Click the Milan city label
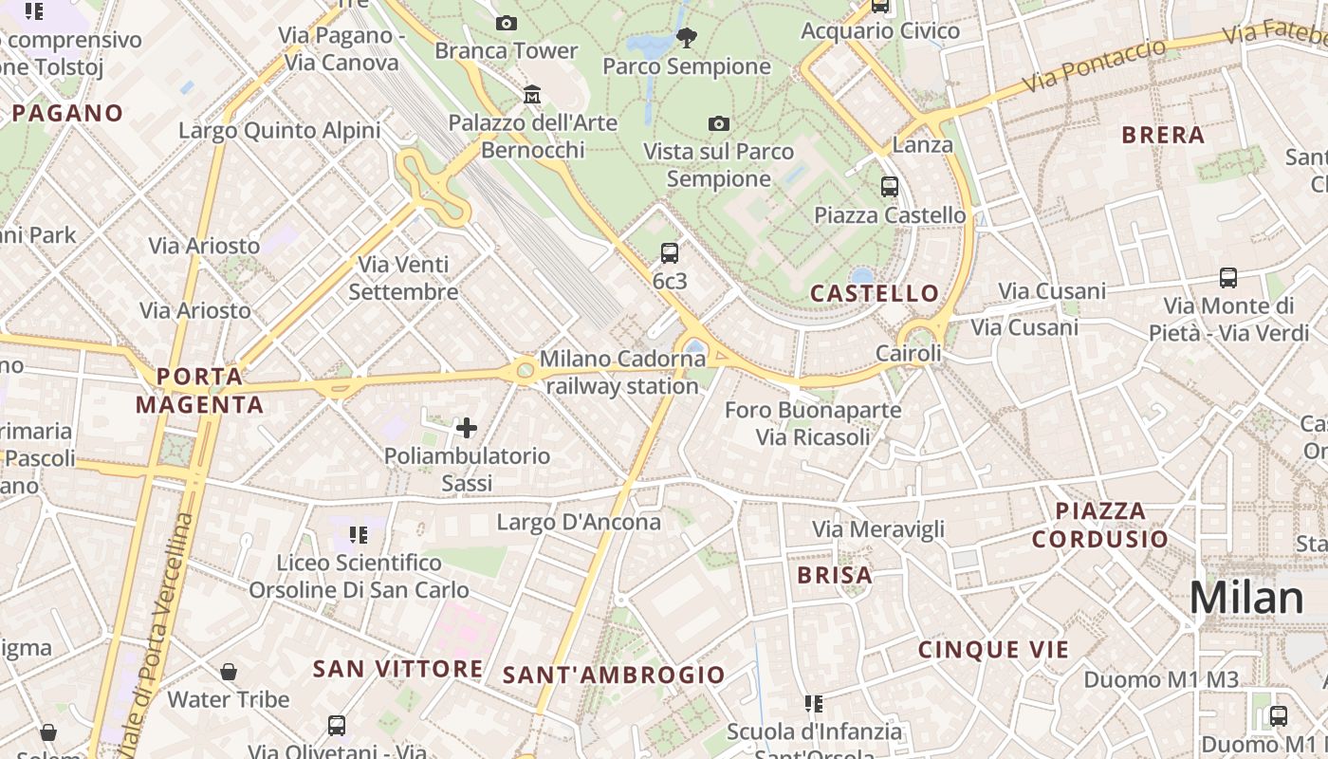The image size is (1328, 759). coord(1246,598)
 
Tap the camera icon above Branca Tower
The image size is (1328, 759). coord(507,23)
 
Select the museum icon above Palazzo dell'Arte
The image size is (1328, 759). coord(532,95)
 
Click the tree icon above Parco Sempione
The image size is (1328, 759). coord(687,38)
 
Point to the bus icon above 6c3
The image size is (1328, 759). coord(670,252)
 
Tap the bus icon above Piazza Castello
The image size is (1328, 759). coord(889,187)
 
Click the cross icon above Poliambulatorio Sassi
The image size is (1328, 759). coord(467,427)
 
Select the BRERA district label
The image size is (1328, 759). coord(1163,135)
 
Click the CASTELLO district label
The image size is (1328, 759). coord(875,293)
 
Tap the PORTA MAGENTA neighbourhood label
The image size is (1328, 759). coord(199,391)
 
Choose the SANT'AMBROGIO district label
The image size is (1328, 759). coord(614,676)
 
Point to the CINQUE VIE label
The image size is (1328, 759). coord(993,650)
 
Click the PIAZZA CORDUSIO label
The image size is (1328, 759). coord(1100,525)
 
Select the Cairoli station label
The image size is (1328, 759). coord(908,354)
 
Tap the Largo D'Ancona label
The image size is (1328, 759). coord(579,522)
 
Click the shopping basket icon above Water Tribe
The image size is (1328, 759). coord(229,673)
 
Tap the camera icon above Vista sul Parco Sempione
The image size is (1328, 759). coord(719,123)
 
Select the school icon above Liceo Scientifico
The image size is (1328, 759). coord(359,535)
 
